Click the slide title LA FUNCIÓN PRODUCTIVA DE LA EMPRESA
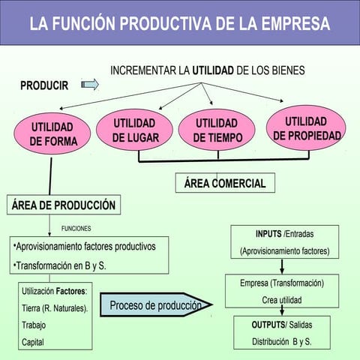tap(180, 23)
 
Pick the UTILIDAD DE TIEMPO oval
tap(216, 130)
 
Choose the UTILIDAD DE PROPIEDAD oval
tap(307, 128)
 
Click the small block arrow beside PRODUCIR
tap(90, 85)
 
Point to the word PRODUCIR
tap(44, 85)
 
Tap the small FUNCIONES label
tap(76, 227)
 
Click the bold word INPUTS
tap(268, 234)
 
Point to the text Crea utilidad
tap(282, 298)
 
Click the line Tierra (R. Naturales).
tap(55, 307)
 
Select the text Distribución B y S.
tap(282, 342)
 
